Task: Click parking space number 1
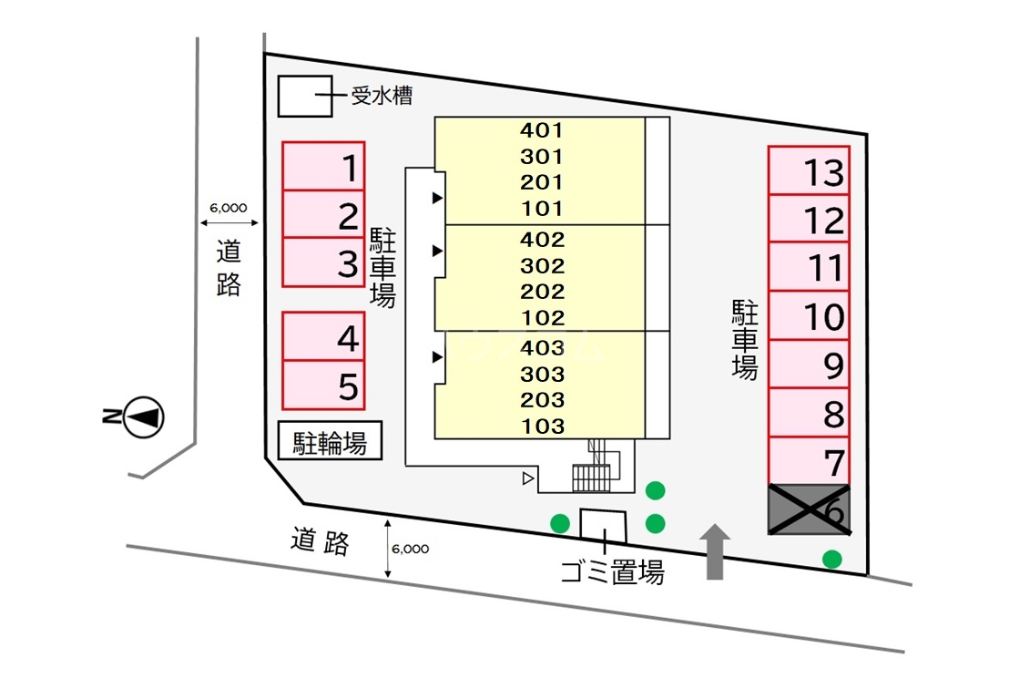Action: coord(323,167)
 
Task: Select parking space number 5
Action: coord(323,386)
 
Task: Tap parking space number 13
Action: coord(809,170)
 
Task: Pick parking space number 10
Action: coord(809,316)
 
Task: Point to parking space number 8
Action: coord(809,414)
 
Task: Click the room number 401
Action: coord(543,130)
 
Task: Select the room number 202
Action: coord(543,293)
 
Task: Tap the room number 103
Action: coord(543,426)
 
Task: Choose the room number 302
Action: coord(543,267)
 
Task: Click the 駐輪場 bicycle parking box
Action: coord(330,443)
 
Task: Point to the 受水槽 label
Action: coord(382,95)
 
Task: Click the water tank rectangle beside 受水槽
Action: coord(304,96)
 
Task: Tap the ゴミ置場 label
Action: coord(611,572)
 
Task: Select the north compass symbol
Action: coord(144,417)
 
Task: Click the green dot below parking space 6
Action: coord(831,559)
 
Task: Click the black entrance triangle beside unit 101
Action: coord(437,198)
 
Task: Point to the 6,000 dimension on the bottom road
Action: coord(410,550)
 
